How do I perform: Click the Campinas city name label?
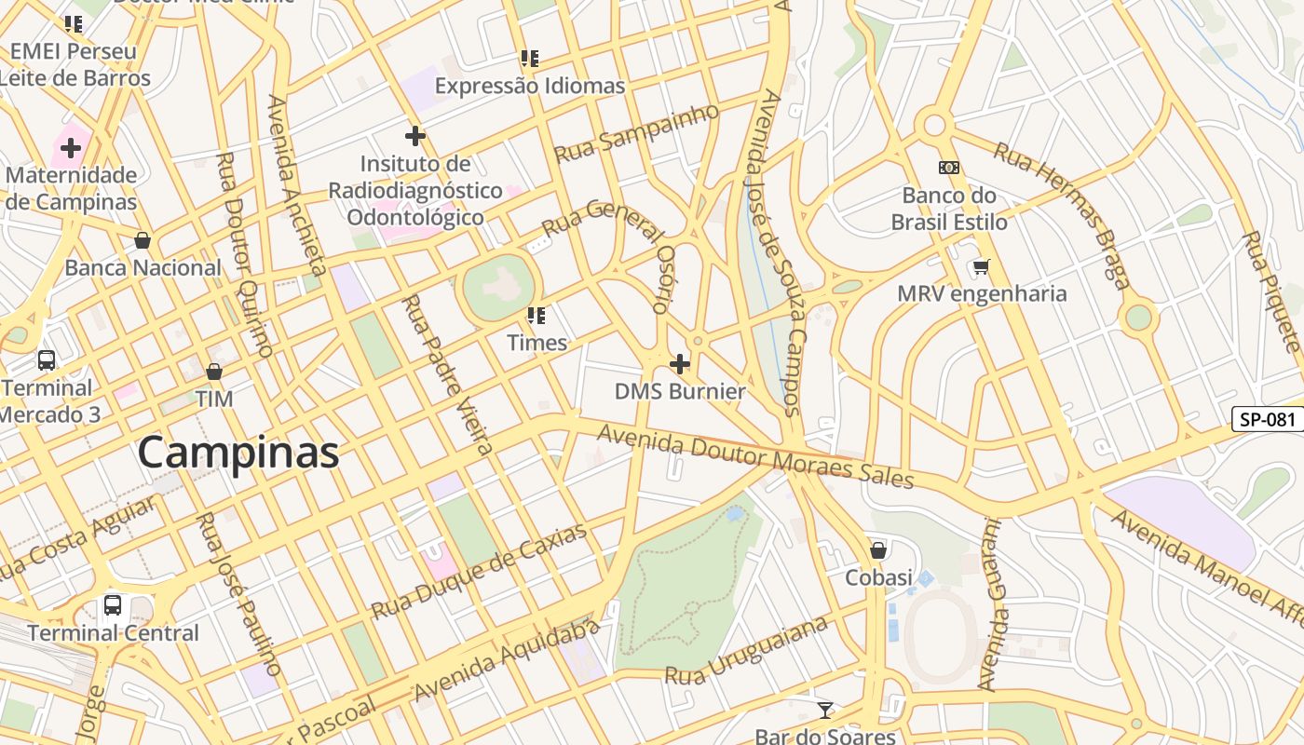[x=238, y=453]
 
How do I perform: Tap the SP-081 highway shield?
[x=1268, y=419]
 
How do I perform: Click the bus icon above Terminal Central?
[x=113, y=605]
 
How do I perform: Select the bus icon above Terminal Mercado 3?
[x=46, y=360]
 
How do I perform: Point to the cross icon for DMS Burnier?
[x=680, y=363]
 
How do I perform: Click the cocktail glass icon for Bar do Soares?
[x=825, y=711]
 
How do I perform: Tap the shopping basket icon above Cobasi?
[x=877, y=550]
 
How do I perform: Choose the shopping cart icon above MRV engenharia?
[x=981, y=268]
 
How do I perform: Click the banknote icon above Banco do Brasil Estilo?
[x=948, y=168]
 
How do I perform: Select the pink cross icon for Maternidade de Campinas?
[x=71, y=147]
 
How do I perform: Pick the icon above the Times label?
[x=537, y=316]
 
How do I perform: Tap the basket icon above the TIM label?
[x=214, y=372]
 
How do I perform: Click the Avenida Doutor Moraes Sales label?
[x=754, y=456]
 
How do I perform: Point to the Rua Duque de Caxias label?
[x=480, y=571]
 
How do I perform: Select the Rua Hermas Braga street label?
[x=1062, y=213]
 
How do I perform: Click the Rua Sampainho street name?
[x=637, y=132]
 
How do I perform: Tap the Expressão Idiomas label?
[x=529, y=86]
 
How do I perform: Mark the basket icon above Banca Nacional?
[x=143, y=241]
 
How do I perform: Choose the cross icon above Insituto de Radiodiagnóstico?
[x=415, y=136]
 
